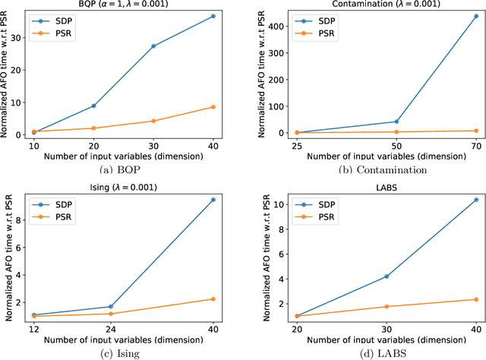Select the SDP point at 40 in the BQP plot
tap(213, 16)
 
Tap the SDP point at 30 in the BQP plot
tap(153, 46)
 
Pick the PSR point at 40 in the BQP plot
tap(213, 107)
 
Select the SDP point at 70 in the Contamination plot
tap(454, 16)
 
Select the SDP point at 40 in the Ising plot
tap(213, 200)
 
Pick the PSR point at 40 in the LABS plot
tap(454, 299)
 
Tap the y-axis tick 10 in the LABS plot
tap(276, 204)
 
